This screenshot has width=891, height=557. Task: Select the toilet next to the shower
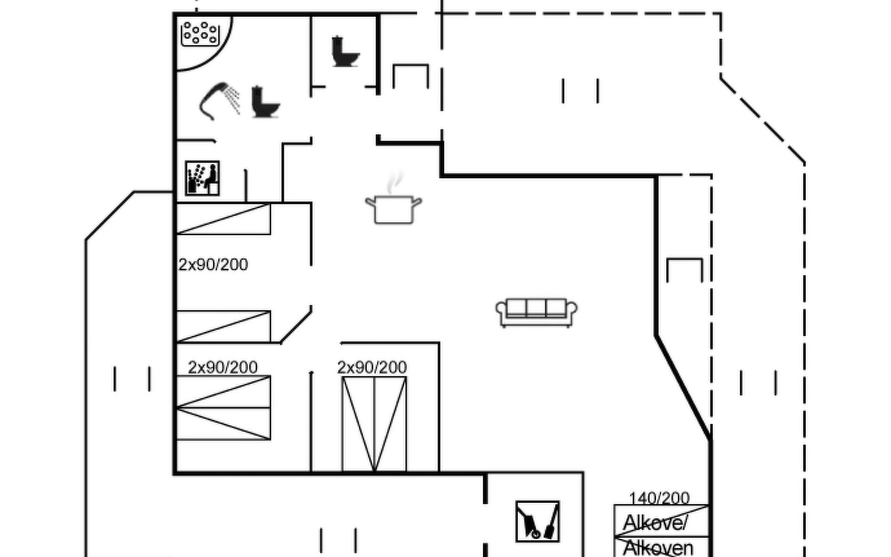coord(265,102)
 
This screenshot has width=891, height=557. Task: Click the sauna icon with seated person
coord(202,178)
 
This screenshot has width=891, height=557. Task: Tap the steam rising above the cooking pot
coord(394,181)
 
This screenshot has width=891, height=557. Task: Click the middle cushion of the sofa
coord(536,308)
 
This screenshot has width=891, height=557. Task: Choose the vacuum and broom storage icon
coord(537,521)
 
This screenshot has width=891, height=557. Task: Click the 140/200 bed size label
coord(659,498)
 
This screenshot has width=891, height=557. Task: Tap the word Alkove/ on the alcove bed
coord(655,523)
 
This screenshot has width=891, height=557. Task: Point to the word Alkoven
coord(658,548)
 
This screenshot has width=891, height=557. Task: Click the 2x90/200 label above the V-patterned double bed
coord(372,368)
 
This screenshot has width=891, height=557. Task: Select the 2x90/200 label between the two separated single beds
coord(213,265)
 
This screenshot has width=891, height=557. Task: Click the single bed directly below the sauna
coord(223,219)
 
